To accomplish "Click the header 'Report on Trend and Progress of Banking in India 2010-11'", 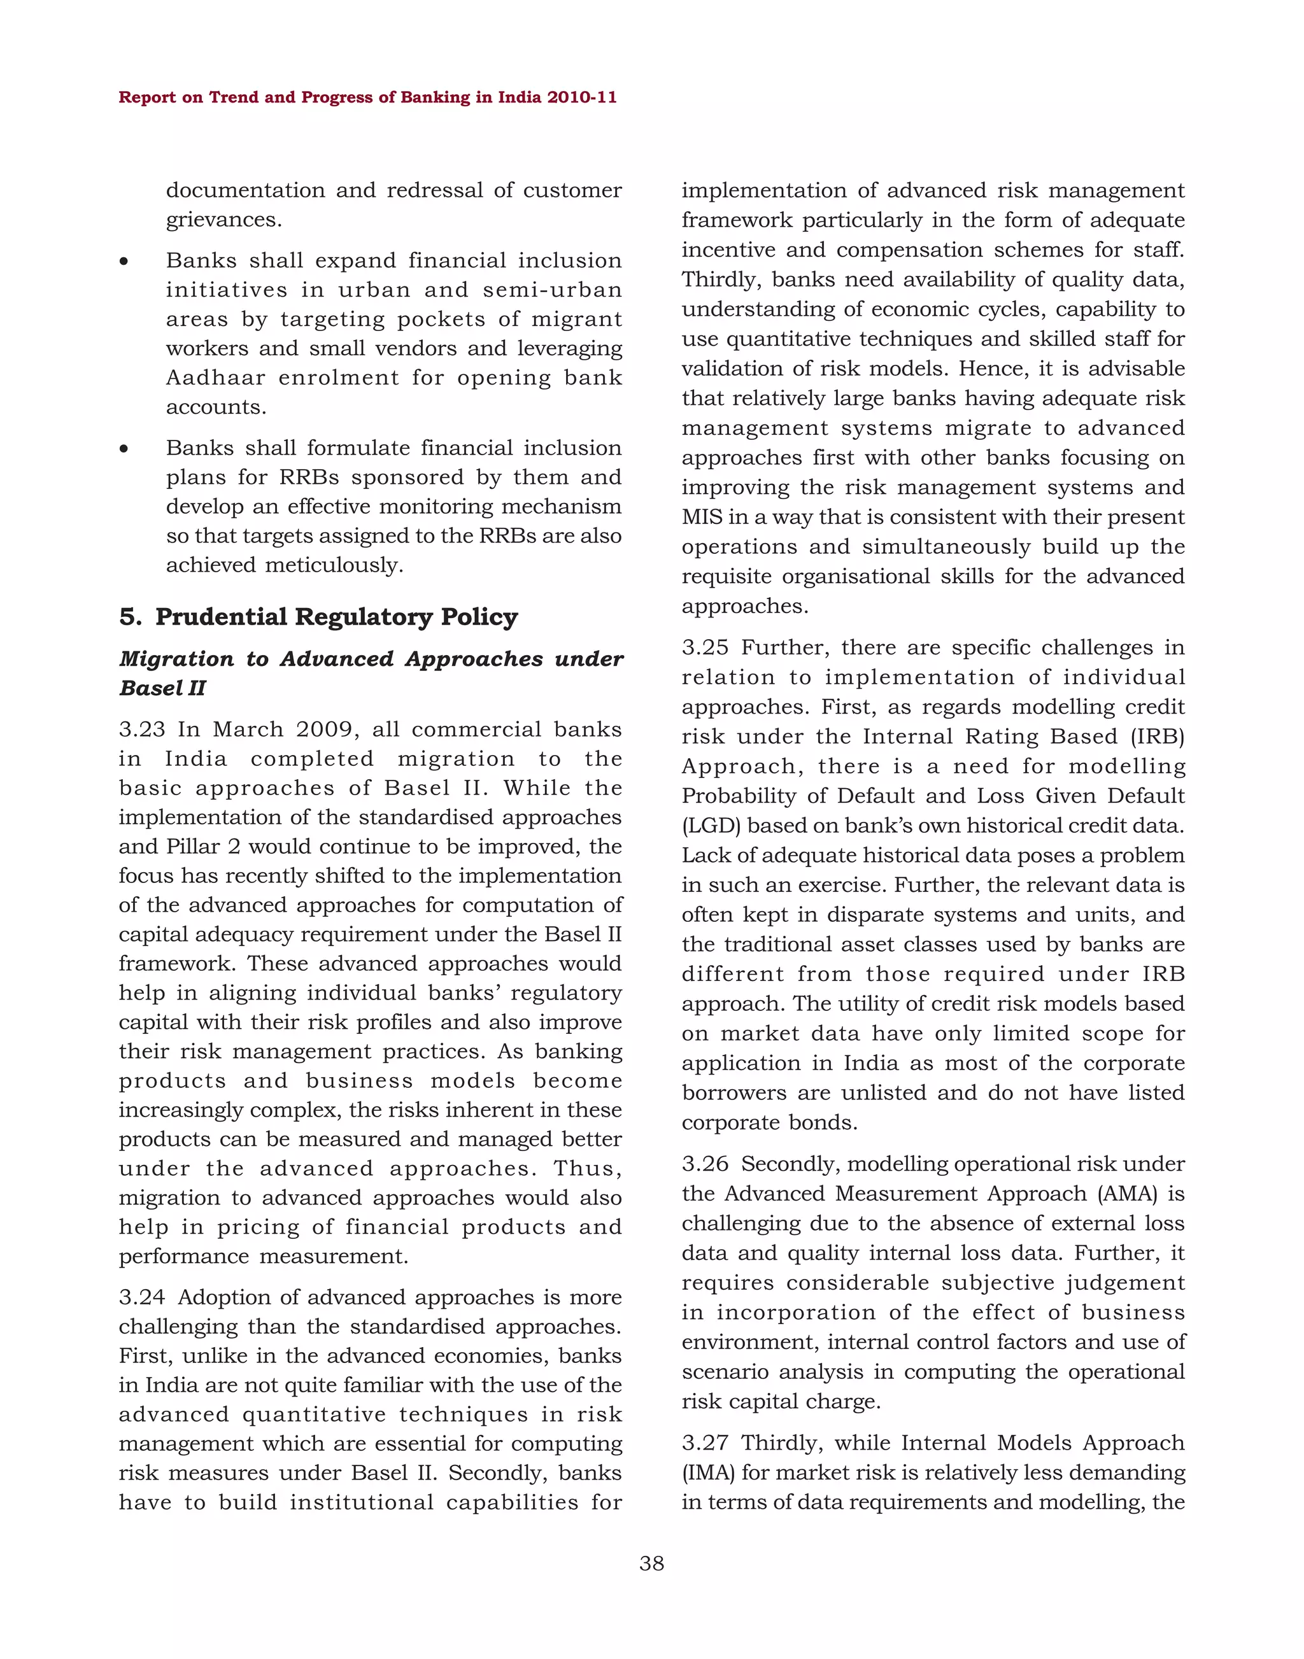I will (x=367, y=97).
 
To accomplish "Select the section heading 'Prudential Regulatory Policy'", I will (x=336, y=616).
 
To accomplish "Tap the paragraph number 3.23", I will (x=142, y=729).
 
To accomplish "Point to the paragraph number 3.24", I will (x=142, y=1297).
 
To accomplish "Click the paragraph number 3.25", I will (x=705, y=647).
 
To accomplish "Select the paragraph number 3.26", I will (x=705, y=1164).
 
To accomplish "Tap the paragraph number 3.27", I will (x=705, y=1443).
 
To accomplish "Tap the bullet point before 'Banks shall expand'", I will (x=124, y=262).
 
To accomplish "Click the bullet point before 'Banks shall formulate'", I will (x=124, y=449).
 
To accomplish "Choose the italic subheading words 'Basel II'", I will (x=162, y=688).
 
